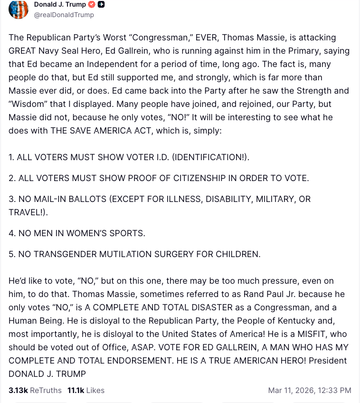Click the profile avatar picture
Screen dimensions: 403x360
[19, 9]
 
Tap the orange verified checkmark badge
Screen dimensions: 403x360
[92, 4]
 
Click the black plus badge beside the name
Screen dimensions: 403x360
[101, 4]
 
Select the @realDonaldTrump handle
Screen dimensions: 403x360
[64, 15]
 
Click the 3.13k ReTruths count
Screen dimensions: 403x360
[18, 390]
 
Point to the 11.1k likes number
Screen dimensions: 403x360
[76, 390]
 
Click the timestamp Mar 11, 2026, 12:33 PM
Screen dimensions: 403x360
[310, 390]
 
